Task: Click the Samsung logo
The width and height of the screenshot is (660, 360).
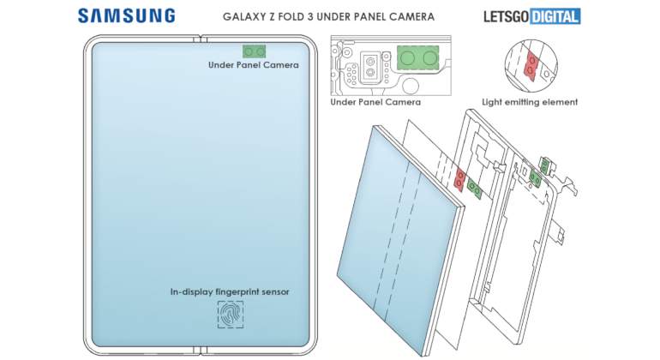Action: coord(126,16)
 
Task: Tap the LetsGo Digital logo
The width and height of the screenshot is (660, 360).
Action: coord(532,16)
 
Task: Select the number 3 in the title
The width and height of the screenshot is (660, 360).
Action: coord(320,17)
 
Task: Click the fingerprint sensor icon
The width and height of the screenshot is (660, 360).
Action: coord(231,314)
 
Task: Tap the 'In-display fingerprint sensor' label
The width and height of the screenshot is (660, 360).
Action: coord(230,291)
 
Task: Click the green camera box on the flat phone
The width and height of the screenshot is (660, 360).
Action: coord(255,51)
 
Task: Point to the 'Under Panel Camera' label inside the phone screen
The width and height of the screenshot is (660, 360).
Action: coord(254,65)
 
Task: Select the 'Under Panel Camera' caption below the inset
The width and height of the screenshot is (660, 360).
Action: coord(375,102)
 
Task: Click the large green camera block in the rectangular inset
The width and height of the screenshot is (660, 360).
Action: coord(418,57)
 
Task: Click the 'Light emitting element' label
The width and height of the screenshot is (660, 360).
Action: coord(530,102)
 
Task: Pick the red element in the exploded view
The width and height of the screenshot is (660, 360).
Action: coord(460,178)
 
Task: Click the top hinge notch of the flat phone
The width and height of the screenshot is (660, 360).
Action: coord(201,39)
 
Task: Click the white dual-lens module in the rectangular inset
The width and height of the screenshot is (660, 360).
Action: coord(370,67)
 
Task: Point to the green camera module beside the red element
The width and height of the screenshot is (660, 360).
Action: coord(475,189)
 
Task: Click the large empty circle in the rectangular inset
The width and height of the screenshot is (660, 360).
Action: coord(410,86)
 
